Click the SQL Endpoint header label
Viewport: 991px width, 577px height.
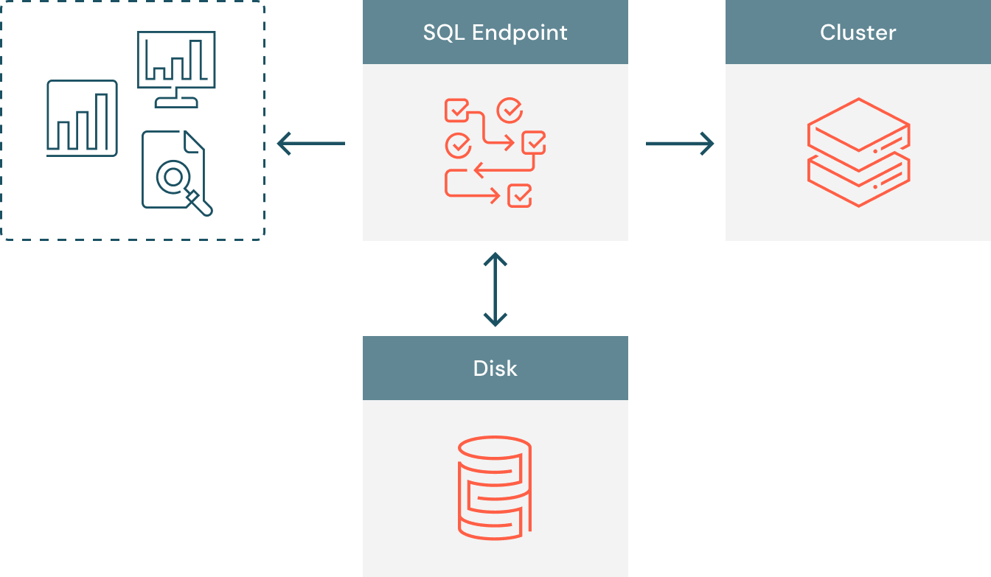[x=495, y=32]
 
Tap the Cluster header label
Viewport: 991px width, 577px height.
[x=858, y=32]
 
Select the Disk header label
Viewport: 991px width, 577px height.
[x=495, y=368]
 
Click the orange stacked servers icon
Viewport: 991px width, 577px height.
[x=858, y=152]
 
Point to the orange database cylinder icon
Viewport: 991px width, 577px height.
[x=495, y=487]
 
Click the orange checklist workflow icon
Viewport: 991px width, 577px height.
[x=495, y=153]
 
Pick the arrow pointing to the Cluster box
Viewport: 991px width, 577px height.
[x=679, y=143]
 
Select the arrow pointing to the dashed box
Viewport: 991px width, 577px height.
[x=311, y=143]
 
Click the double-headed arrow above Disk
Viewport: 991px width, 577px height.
[x=495, y=289]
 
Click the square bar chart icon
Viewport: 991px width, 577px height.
[x=82, y=118]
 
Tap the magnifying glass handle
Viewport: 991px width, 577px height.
[x=200, y=203]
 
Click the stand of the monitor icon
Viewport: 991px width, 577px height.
[x=175, y=100]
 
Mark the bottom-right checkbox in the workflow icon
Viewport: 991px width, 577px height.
[x=520, y=196]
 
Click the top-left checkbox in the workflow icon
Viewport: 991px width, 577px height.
[x=456, y=111]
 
